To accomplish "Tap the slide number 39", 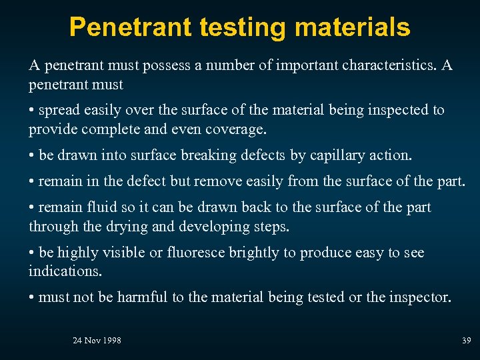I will click(466, 341).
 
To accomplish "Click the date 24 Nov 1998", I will click(97, 341).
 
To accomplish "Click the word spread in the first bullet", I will click(59, 110).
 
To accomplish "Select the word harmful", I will click(143, 297).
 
